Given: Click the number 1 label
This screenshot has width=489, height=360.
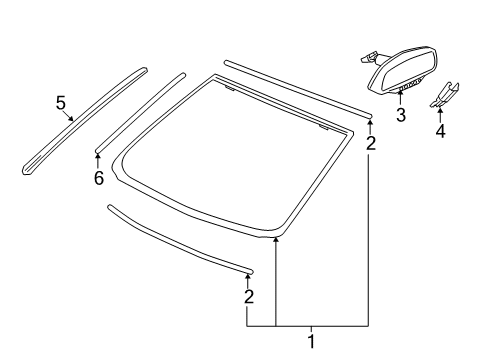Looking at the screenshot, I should pos(310,342).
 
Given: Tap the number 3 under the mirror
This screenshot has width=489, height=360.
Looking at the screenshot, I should pos(400,116).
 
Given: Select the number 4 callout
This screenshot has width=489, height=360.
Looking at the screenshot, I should pos(440,131).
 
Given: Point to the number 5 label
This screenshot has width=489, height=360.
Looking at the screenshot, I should pos(61,102).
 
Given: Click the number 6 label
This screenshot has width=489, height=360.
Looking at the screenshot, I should pos(98,177).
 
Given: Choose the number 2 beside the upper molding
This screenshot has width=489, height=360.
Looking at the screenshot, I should pos(371,143).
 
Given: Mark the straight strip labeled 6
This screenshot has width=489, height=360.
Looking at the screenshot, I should pos(140,110).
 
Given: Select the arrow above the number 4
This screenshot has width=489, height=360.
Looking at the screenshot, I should pos(440,112).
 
